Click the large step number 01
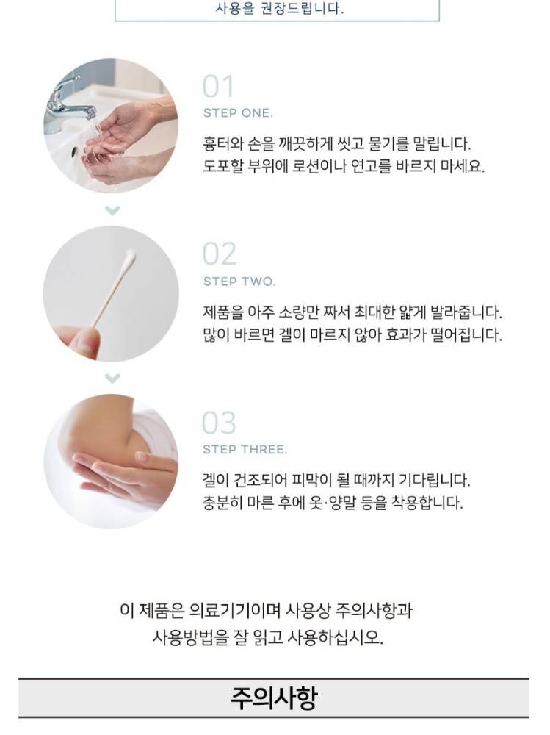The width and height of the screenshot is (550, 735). point(218,87)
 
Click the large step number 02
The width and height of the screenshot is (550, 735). point(220,254)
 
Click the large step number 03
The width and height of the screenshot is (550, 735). point(220,423)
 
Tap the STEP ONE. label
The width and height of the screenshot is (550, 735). point(238,113)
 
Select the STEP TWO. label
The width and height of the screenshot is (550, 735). point(239,282)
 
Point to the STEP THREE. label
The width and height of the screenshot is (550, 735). point(245,450)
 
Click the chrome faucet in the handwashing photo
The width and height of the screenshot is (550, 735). point(70,99)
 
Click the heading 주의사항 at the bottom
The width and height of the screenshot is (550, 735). point(274,698)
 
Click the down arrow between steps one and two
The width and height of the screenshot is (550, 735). point(112,210)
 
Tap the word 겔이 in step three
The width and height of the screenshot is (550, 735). point(215,480)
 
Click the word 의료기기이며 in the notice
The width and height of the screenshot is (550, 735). point(235,610)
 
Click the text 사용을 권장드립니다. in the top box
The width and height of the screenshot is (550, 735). point(280,8)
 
